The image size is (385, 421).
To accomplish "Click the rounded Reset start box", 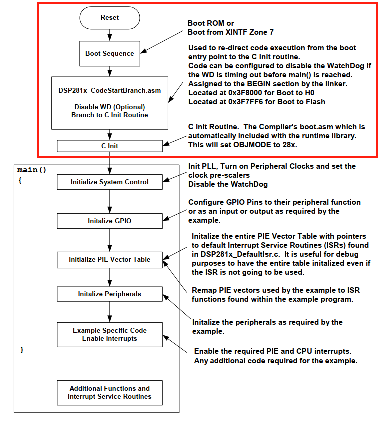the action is pos(110,18).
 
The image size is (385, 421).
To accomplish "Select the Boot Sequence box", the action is pos(110,53).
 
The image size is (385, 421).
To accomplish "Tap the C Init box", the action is pos(110,146).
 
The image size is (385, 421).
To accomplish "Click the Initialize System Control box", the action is pos(110,182).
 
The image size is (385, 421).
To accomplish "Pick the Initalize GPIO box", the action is pos(110,221).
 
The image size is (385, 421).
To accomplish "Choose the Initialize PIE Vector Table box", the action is pos(110,260).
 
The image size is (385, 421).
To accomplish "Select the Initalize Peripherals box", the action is pos(110,294).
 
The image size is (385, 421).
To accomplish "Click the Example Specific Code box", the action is pos(110,335).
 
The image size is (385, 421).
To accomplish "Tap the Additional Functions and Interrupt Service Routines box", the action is pos(110,393).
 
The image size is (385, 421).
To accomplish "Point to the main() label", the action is pos(32,170).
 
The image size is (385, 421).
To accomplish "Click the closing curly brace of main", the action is pos(22,350).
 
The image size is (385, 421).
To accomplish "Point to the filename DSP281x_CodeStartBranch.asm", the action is pos(110,91).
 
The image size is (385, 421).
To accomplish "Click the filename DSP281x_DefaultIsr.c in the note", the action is pos(240,255).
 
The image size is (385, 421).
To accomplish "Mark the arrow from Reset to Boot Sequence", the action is pos(110,35).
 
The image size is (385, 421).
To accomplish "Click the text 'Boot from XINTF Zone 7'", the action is pos(231,32).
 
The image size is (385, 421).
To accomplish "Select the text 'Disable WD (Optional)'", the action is pos(110,107).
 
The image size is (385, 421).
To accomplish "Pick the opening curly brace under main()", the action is pos(20,180).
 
